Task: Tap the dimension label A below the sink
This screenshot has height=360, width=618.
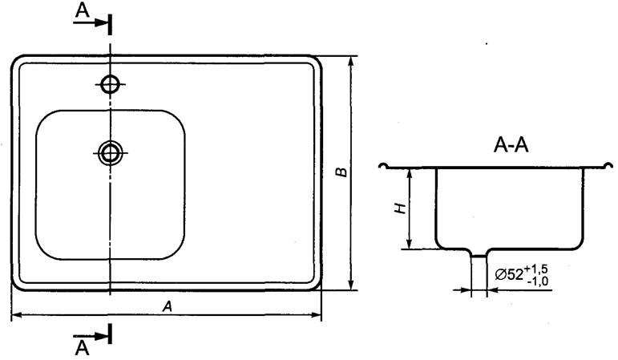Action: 168,306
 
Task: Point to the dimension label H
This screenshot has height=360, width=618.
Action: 401,208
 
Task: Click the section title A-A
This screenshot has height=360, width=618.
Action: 511,145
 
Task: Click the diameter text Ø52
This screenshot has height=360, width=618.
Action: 509,274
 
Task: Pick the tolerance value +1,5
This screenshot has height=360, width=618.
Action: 536,269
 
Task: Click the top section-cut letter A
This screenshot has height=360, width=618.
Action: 82,11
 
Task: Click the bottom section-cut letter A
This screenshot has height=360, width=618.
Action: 82,348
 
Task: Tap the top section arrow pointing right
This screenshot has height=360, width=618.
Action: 91,23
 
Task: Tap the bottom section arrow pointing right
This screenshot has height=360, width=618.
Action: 91,336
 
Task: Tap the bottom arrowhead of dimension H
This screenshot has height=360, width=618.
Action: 410,242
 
